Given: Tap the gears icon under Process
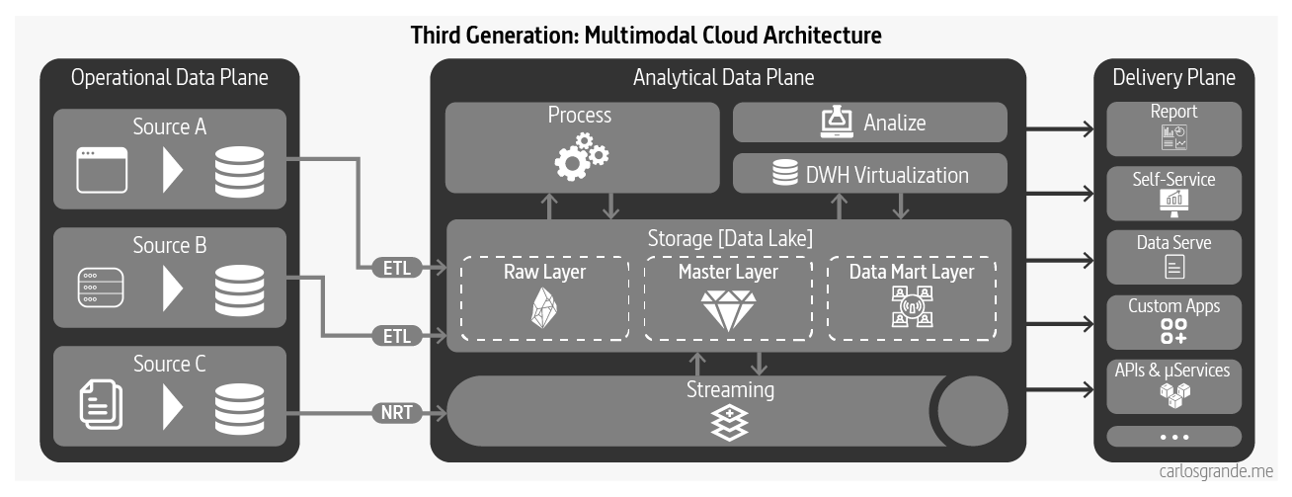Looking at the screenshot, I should pyautogui.click(x=581, y=156).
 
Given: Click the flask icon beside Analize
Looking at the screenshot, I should pyautogui.click(x=837, y=123).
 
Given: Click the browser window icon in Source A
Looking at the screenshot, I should pyautogui.click(x=103, y=170).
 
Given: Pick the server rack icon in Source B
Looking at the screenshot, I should pyautogui.click(x=103, y=289).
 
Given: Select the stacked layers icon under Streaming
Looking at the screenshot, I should pyautogui.click(x=730, y=423).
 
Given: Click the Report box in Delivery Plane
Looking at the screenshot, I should pyautogui.click(x=1173, y=127).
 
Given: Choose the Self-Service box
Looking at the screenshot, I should pyautogui.click(x=1173, y=193).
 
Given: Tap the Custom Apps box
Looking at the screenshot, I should pyautogui.click(x=1173, y=320).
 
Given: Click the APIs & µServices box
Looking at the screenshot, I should pyautogui.click(x=1173, y=384).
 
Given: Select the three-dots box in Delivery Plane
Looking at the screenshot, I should pyautogui.click(x=1173, y=437).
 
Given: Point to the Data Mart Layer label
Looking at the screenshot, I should pyautogui.click(x=911, y=272).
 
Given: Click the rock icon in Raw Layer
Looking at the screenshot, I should pyautogui.click(x=544, y=310).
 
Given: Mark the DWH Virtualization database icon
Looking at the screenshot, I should pyautogui.click(x=785, y=174).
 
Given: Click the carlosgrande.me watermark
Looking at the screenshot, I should pyautogui.click(x=1216, y=471).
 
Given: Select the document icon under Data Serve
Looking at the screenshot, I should pyautogui.click(x=1173, y=266).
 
